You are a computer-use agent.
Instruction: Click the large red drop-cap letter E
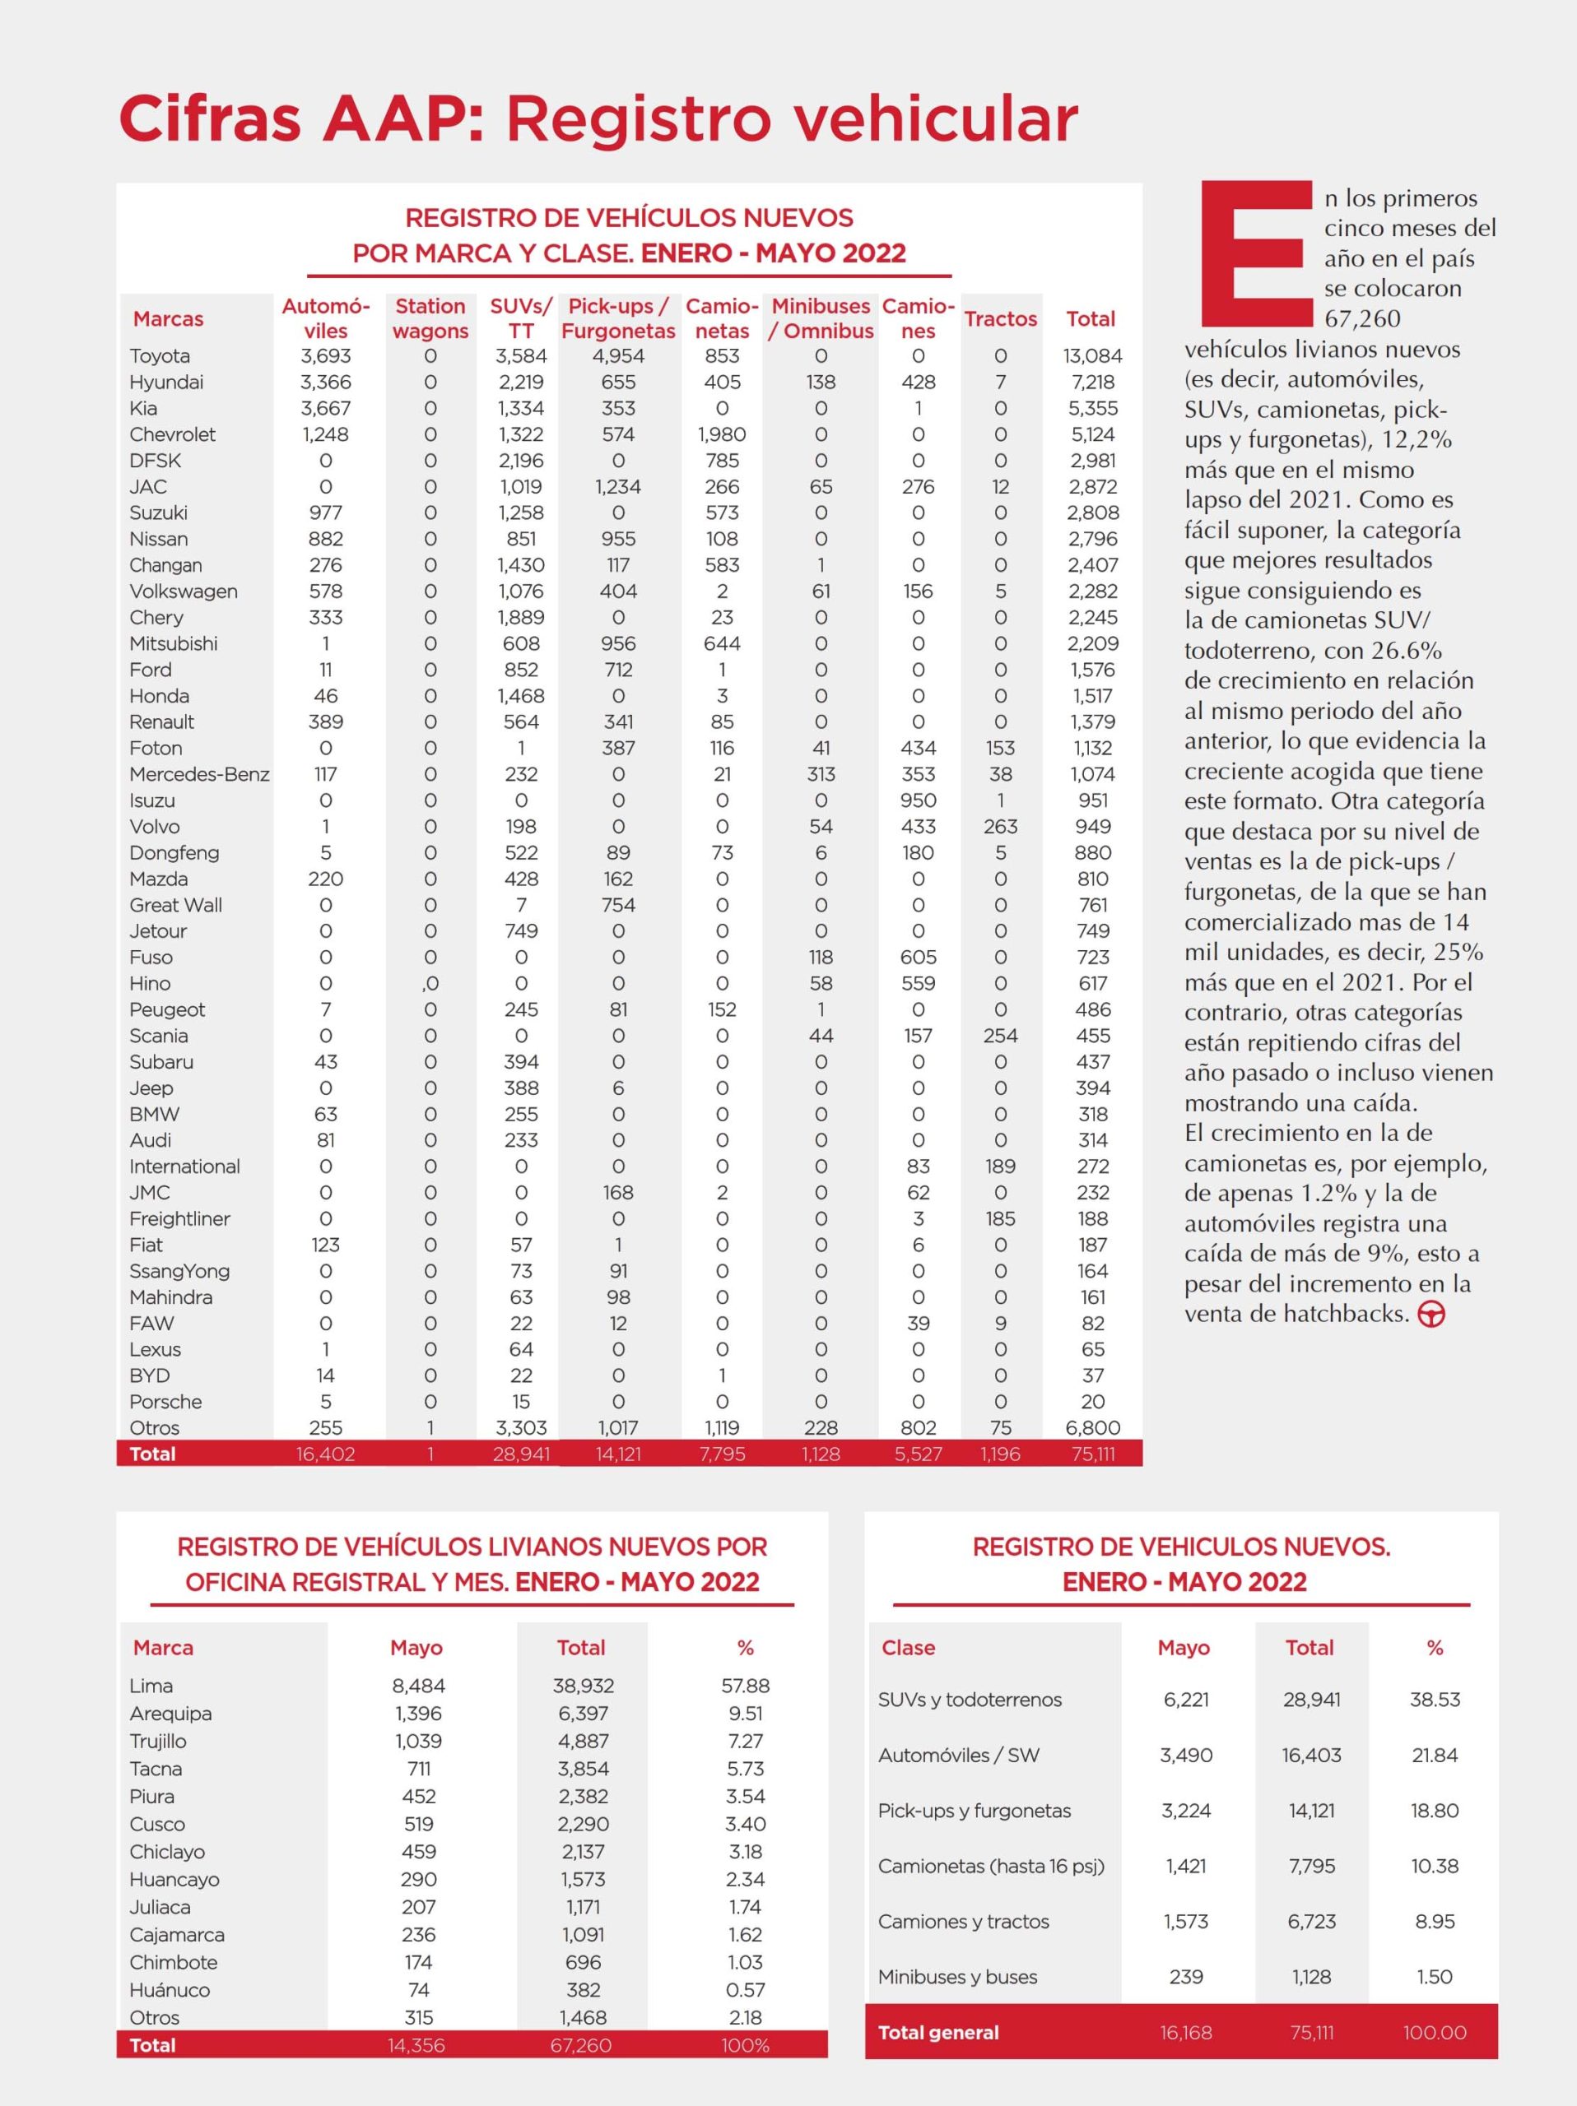click(x=1255, y=253)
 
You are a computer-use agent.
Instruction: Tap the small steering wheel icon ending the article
click(x=1431, y=1315)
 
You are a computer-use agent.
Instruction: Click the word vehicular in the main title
click(x=793, y=119)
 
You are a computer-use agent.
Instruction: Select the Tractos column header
click(x=1000, y=319)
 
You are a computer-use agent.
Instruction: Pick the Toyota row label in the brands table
click(x=160, y=356)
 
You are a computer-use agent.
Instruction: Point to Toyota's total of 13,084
click(x=1092, y=356)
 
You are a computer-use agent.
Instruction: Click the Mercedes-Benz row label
click(x=199, y=774)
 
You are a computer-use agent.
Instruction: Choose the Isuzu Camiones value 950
click(x=918, y=800)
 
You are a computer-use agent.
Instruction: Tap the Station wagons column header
click(x=430, y=319)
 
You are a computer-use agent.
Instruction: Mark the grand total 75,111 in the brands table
click(x=1092, y=1454)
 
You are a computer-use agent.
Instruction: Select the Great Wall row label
click(x=175, y=906)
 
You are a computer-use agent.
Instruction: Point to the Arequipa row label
click(x=170, y=1714)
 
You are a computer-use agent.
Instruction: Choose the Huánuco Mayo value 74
click(x=418, y=1990)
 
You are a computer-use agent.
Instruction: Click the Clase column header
click(x=908, y=1648)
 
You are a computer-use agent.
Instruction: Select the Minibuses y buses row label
click(x=957, y=1977)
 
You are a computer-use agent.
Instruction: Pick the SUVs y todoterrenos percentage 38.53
click(x=1434, y=1700)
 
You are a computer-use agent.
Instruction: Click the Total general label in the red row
click(x=938, y=2033)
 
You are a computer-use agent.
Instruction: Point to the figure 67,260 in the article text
click(x=1362, y=319)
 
